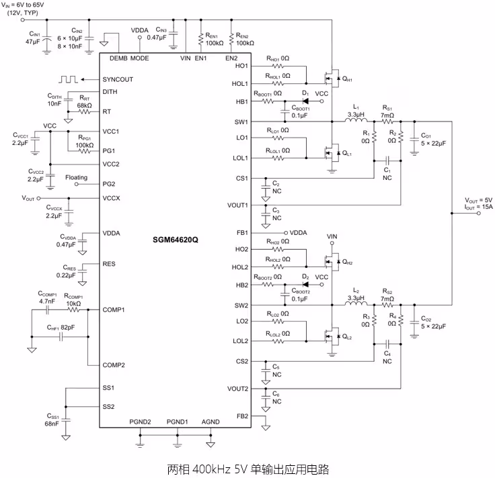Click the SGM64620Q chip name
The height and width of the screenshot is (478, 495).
[x=176, y=240]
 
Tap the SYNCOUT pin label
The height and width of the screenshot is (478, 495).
[x=118, y=79]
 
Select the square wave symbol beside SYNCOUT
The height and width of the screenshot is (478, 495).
[x=68, y=79]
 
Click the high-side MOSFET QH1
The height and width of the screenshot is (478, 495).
[x=332, y=78]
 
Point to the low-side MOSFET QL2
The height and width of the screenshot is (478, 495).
[x=332, y=336]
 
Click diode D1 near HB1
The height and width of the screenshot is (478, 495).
[x=305, y=101]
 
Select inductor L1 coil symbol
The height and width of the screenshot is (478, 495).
[x=356, y=119]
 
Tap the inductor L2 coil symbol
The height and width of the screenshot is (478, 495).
[x=356, y=303]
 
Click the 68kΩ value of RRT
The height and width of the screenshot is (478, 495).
[x=84, y=105]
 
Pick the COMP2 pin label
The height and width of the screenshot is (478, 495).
[x=114, y=365]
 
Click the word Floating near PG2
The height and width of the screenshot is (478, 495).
[x=77, y=177]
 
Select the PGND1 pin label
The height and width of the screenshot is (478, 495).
[x=177, y=422]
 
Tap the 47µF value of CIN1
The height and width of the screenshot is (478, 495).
[x=32, y=41]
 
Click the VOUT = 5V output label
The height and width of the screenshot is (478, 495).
[x=479, y=200]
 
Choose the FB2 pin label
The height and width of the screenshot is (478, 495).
[x=242, y=416]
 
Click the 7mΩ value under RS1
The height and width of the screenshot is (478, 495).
[x=387, y=115]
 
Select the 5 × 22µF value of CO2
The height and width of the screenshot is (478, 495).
[x=433, y=326]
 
